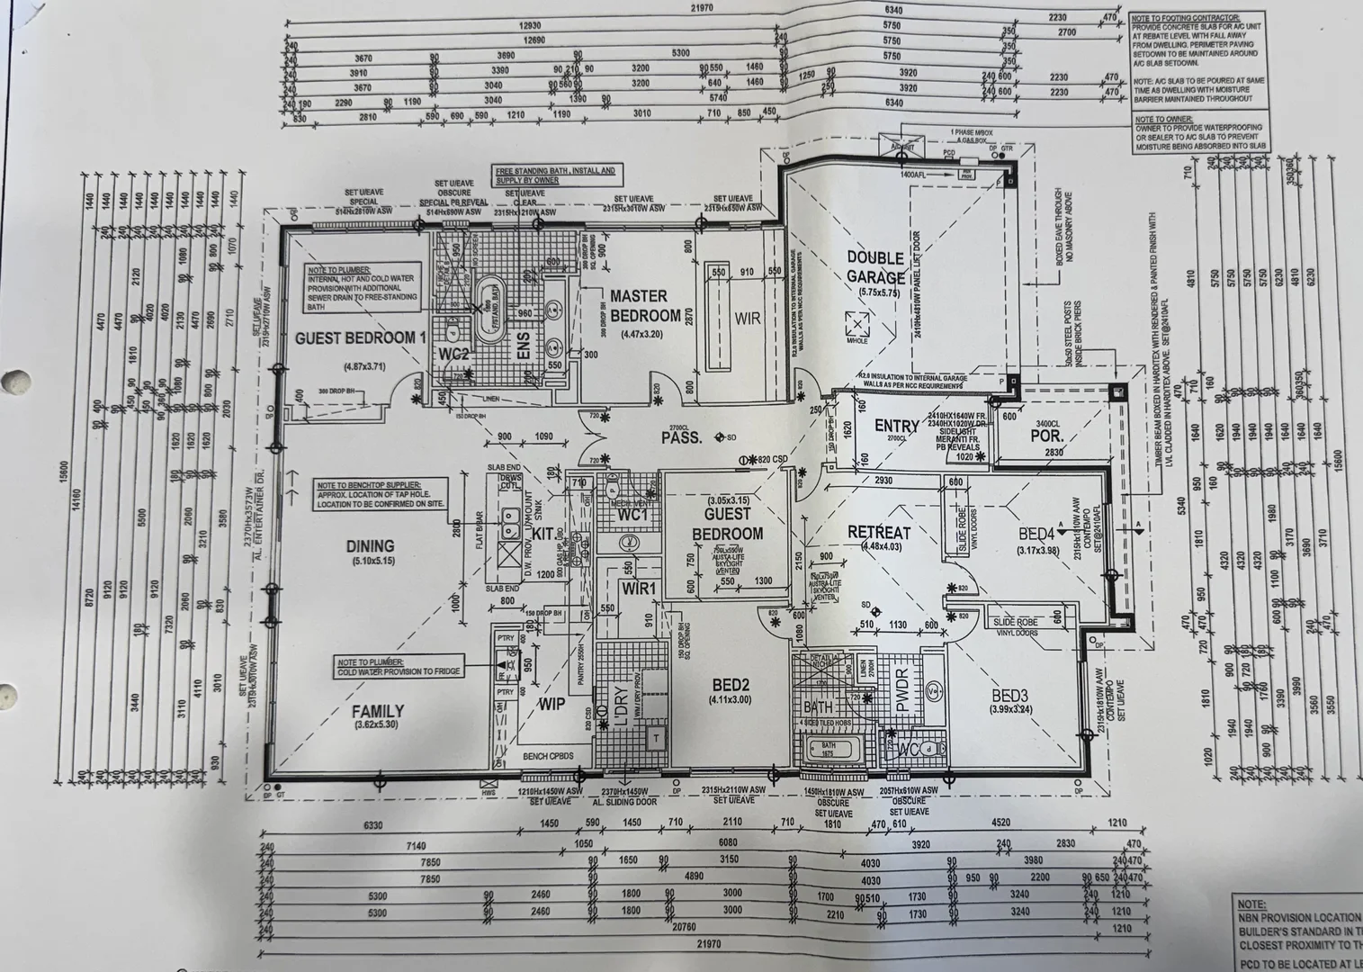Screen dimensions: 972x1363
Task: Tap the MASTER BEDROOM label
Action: [645, 306]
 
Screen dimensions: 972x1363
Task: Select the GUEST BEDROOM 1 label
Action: [360, 337]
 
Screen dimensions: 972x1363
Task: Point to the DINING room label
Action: [371, 545]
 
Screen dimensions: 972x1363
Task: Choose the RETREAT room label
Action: [879, 534]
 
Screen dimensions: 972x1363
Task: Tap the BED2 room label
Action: [729, 682]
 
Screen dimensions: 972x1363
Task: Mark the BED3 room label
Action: [1009, 696]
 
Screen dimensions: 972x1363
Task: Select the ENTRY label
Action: [896, 426]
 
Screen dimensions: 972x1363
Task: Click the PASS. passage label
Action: [681, 438]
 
